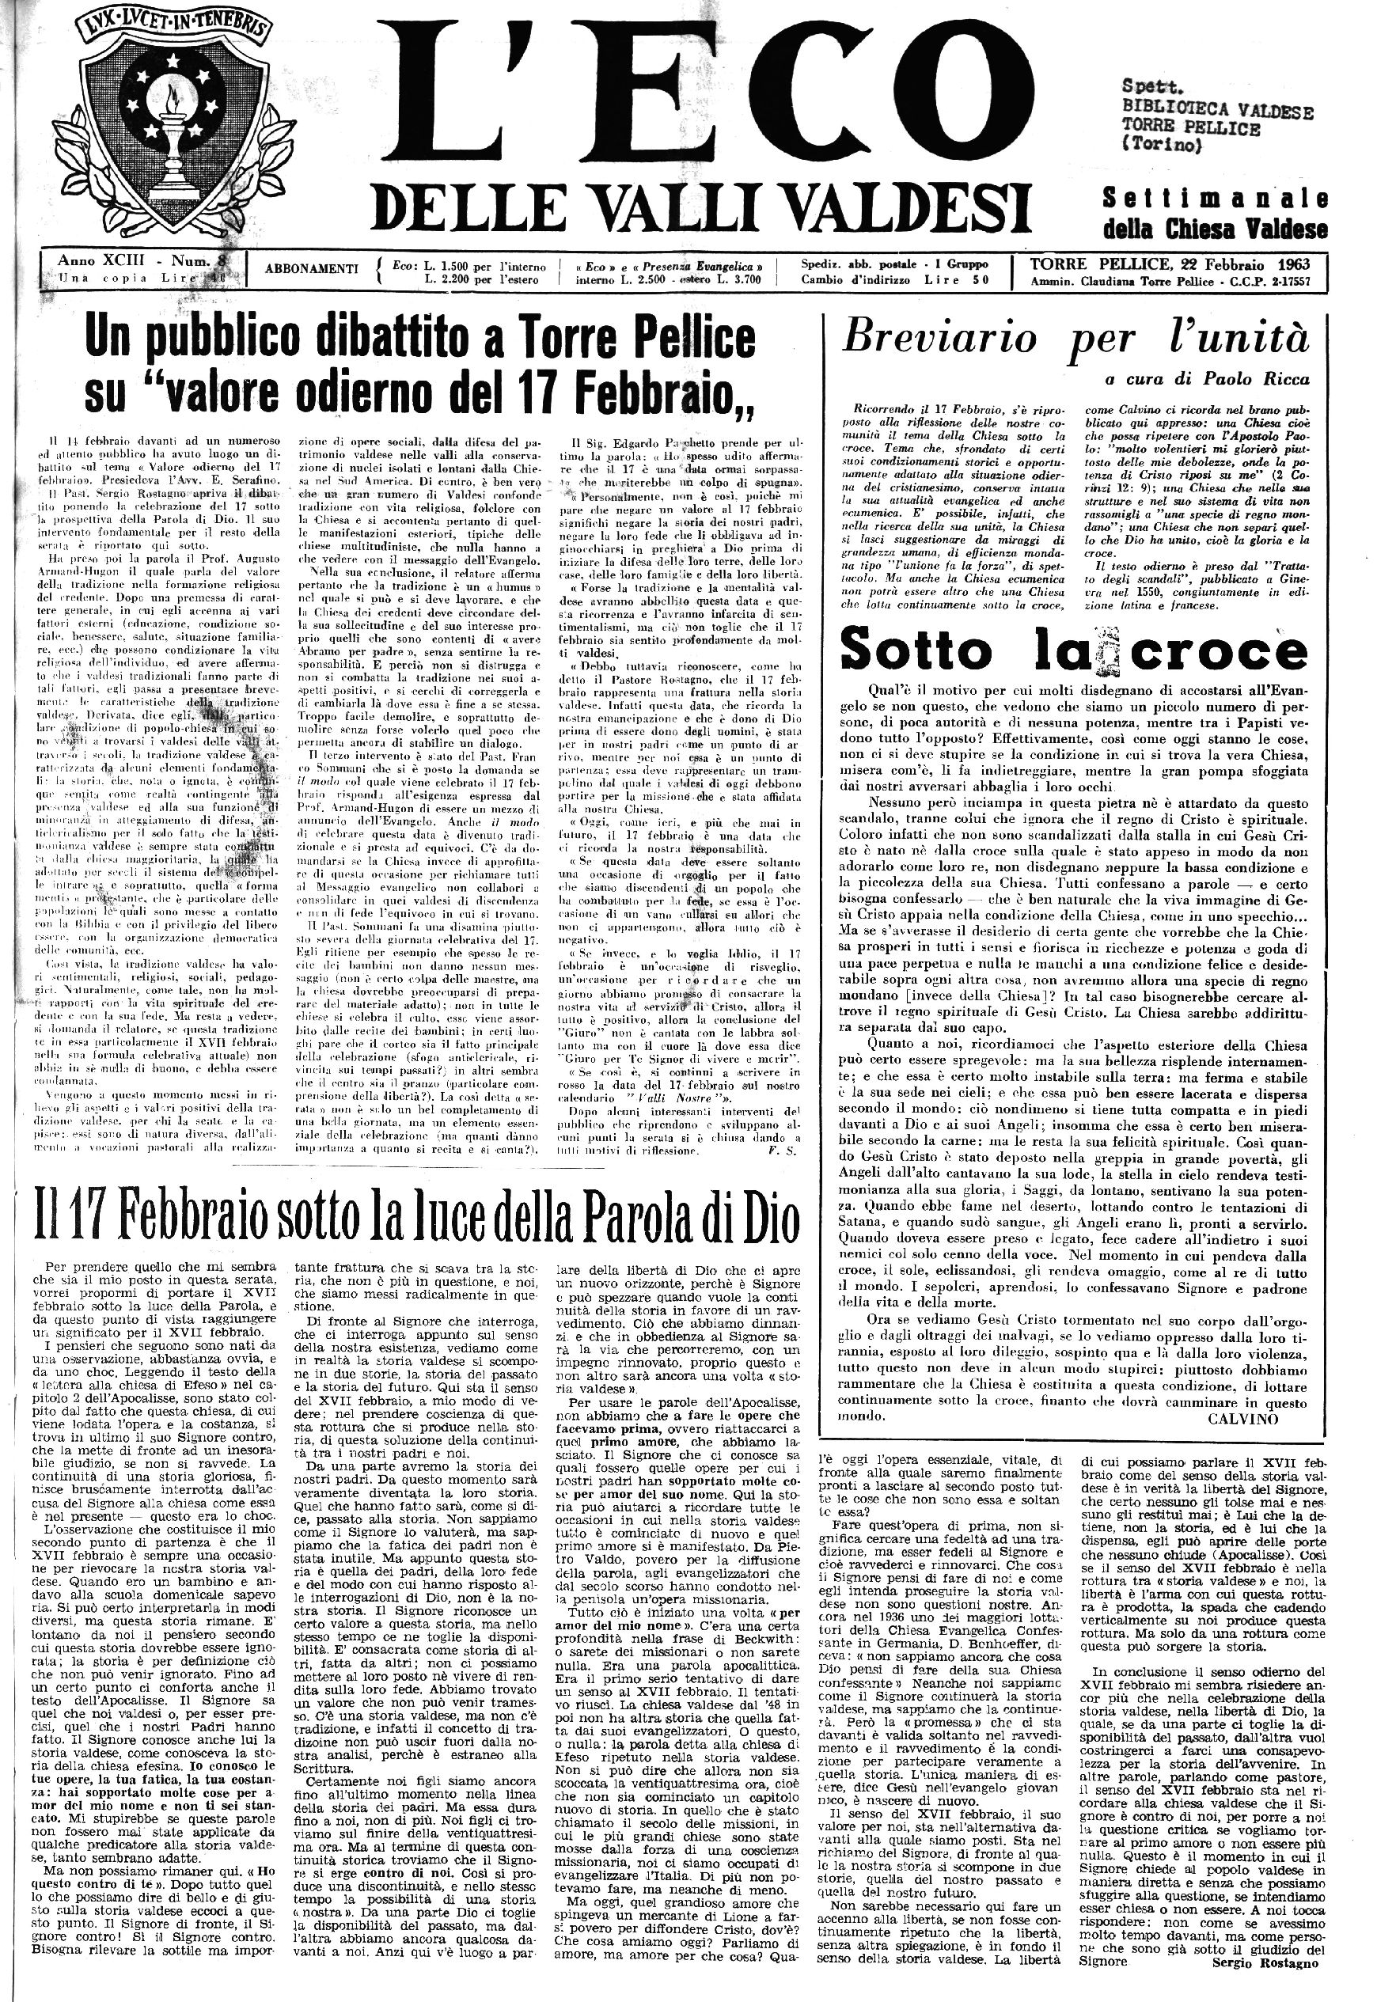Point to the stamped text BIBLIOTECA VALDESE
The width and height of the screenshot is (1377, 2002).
tap(1217, 112)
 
